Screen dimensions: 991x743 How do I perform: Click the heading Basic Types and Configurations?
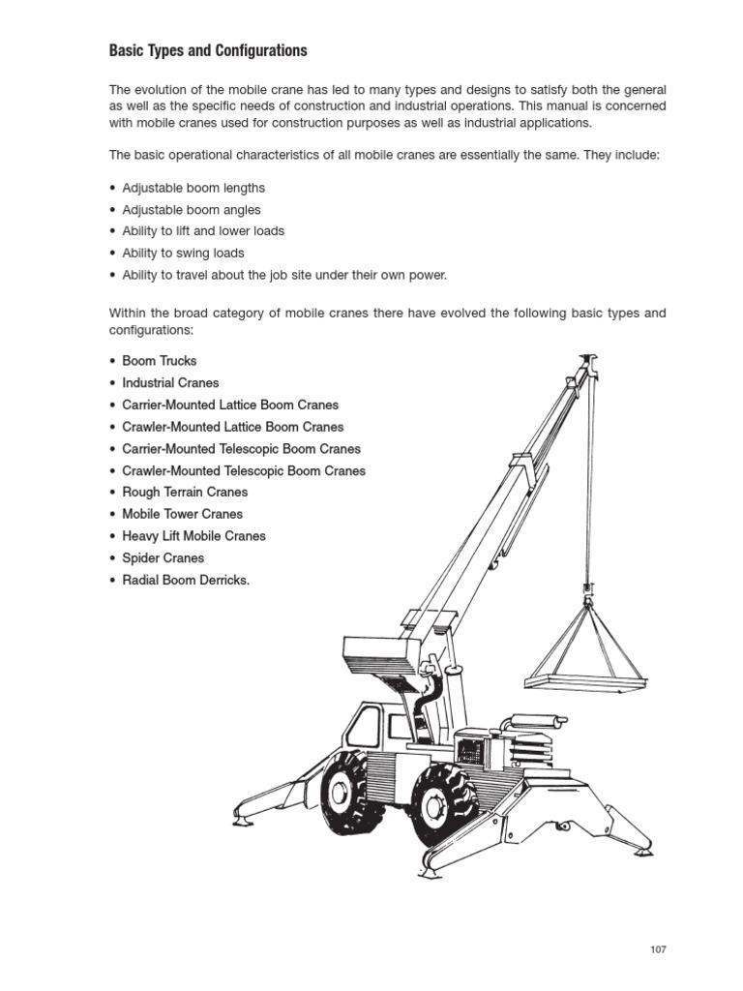pyautogui.click(x=208, y=50)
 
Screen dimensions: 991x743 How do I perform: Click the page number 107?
pyautogui.click(x=658, y=949)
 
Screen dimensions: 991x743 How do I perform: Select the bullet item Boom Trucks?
pyautogui.click(x=160, y=361)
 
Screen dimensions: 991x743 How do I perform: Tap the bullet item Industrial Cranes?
pyautogui.click(x=170, y=383)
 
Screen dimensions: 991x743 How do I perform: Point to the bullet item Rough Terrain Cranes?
pyautogui.click(x=185, y=493)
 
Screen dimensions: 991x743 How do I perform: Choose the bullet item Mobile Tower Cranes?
pyautogui.click(x=183, y=514)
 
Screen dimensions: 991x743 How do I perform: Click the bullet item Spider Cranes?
pyautogui.click(x=163, y=558)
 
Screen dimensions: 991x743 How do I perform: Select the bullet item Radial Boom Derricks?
pyautogui.click(x=186, y=581)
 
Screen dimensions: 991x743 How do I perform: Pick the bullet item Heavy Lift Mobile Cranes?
pyautogui.click(x=193, y=536)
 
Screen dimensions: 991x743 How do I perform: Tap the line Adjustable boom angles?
pyautogui.click(x=192, y=210)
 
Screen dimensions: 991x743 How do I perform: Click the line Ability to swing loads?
pyautogui.click(x=183, y=254)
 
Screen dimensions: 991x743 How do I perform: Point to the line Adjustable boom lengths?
pyautogui.click(x=193, y=188)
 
